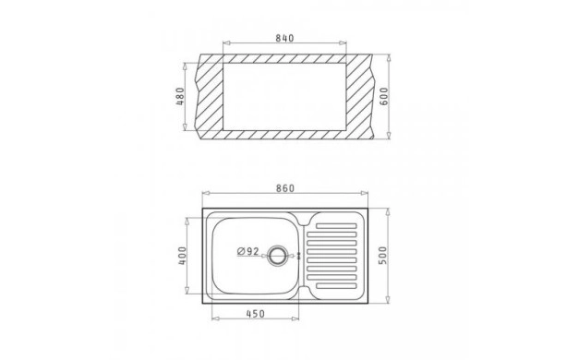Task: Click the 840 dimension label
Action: click(284, 38)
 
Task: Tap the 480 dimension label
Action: click(180, 96)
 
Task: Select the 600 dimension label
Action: click(384, 97)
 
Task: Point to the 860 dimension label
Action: click(285, 188)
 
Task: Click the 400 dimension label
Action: click(183, 256)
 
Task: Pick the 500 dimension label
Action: click(383, 256)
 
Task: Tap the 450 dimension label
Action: click(255, 314)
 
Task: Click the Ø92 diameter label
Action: click(247, 251)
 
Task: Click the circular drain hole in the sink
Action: click(276, 255)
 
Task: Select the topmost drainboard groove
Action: click(336, 226)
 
